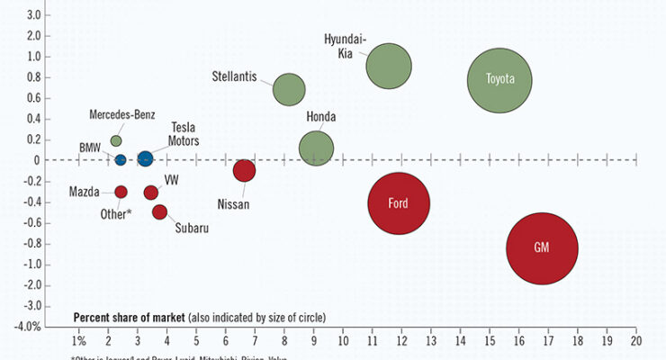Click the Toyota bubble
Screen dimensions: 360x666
pyautogui.click(x=499, y=79)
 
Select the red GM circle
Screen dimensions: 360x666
pyautogui.click(x=542, y=247)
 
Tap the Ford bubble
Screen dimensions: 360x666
pyautogui.click(x=399, y=203)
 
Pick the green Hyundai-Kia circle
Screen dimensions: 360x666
pyautogui.click(x=389, y=66)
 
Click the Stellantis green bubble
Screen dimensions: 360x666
pyautogui.click(x=289, y=89)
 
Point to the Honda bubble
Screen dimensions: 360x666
pyautogui.click(x=316, y=148)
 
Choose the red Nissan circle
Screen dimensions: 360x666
pyautogui.click(x=244, y=170)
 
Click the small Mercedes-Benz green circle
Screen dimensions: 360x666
pyautogui.click(x=116, y=140)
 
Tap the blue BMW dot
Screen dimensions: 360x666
pyautogui.click(x=121, y=160)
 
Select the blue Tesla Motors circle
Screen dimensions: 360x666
pyautogui.click(x=146, y=159)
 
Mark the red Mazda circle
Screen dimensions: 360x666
pyautogui.click(x=121, y=192)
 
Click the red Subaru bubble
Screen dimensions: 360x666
pyautogui.click(x=159, y=211)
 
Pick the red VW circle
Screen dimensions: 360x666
pyautogui.click(x=151, y=192)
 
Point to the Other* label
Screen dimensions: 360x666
pyautogui.click(x=114, y=213)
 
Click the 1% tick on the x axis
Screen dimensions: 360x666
pyautogui.click(x=79, y=342)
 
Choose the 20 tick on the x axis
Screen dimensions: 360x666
pyautogui.click(x=635, y=342)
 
